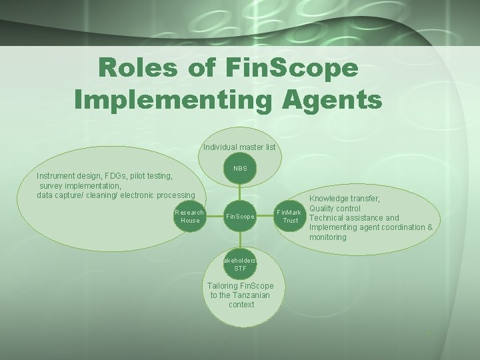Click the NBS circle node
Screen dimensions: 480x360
click(240, 168)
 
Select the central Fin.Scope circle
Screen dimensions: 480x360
click(240, 216)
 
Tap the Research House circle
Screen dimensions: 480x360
click(189, 216)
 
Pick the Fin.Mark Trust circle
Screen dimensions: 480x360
click(291, 216)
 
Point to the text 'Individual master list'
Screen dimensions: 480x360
click(239, 147)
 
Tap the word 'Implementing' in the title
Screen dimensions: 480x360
click(174, 99)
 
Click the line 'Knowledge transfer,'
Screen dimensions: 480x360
click(345, 199)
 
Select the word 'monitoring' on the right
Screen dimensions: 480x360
click(328, 237)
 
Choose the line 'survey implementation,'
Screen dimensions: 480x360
click(80, 185)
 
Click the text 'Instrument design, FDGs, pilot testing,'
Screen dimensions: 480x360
click(105, 176)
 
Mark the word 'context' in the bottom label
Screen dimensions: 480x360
click(241, 304)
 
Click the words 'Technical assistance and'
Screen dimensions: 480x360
click(354, 217)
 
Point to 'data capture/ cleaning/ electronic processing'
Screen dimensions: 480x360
click(116, 195)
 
